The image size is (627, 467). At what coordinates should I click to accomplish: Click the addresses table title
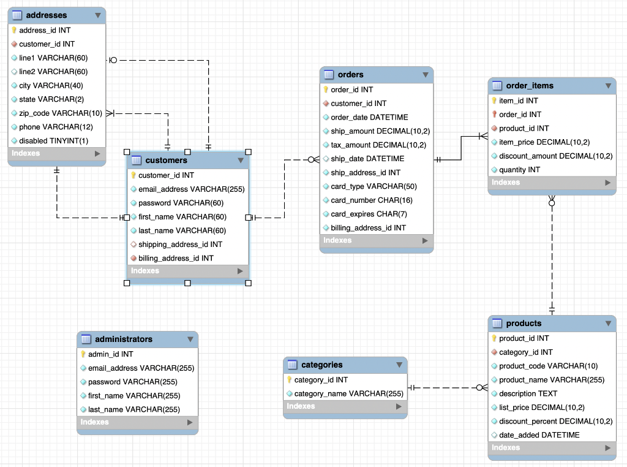47,15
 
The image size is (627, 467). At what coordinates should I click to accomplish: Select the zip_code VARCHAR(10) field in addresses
60,113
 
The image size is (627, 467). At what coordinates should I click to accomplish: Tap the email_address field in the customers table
191,189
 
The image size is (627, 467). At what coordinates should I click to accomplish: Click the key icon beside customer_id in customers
133,175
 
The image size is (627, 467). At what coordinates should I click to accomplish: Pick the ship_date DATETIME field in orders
367,159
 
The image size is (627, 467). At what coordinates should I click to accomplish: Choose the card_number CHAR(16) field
372,200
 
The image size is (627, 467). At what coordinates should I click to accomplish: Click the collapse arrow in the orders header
426,75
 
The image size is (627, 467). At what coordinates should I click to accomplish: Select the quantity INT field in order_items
519,170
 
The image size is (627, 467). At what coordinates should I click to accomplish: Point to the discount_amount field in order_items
555,156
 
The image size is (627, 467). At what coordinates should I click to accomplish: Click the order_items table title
530,86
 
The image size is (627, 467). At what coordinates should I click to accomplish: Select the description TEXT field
528,393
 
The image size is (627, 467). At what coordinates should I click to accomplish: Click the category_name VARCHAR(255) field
348,393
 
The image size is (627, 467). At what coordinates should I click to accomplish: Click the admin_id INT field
110,354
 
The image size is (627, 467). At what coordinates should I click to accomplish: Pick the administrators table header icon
86,339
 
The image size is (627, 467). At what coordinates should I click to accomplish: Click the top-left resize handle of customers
127,151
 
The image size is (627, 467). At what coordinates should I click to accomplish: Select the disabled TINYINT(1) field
53,140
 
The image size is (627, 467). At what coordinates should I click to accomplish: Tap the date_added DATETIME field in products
539,435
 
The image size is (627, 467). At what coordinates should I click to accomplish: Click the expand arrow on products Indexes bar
607,448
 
